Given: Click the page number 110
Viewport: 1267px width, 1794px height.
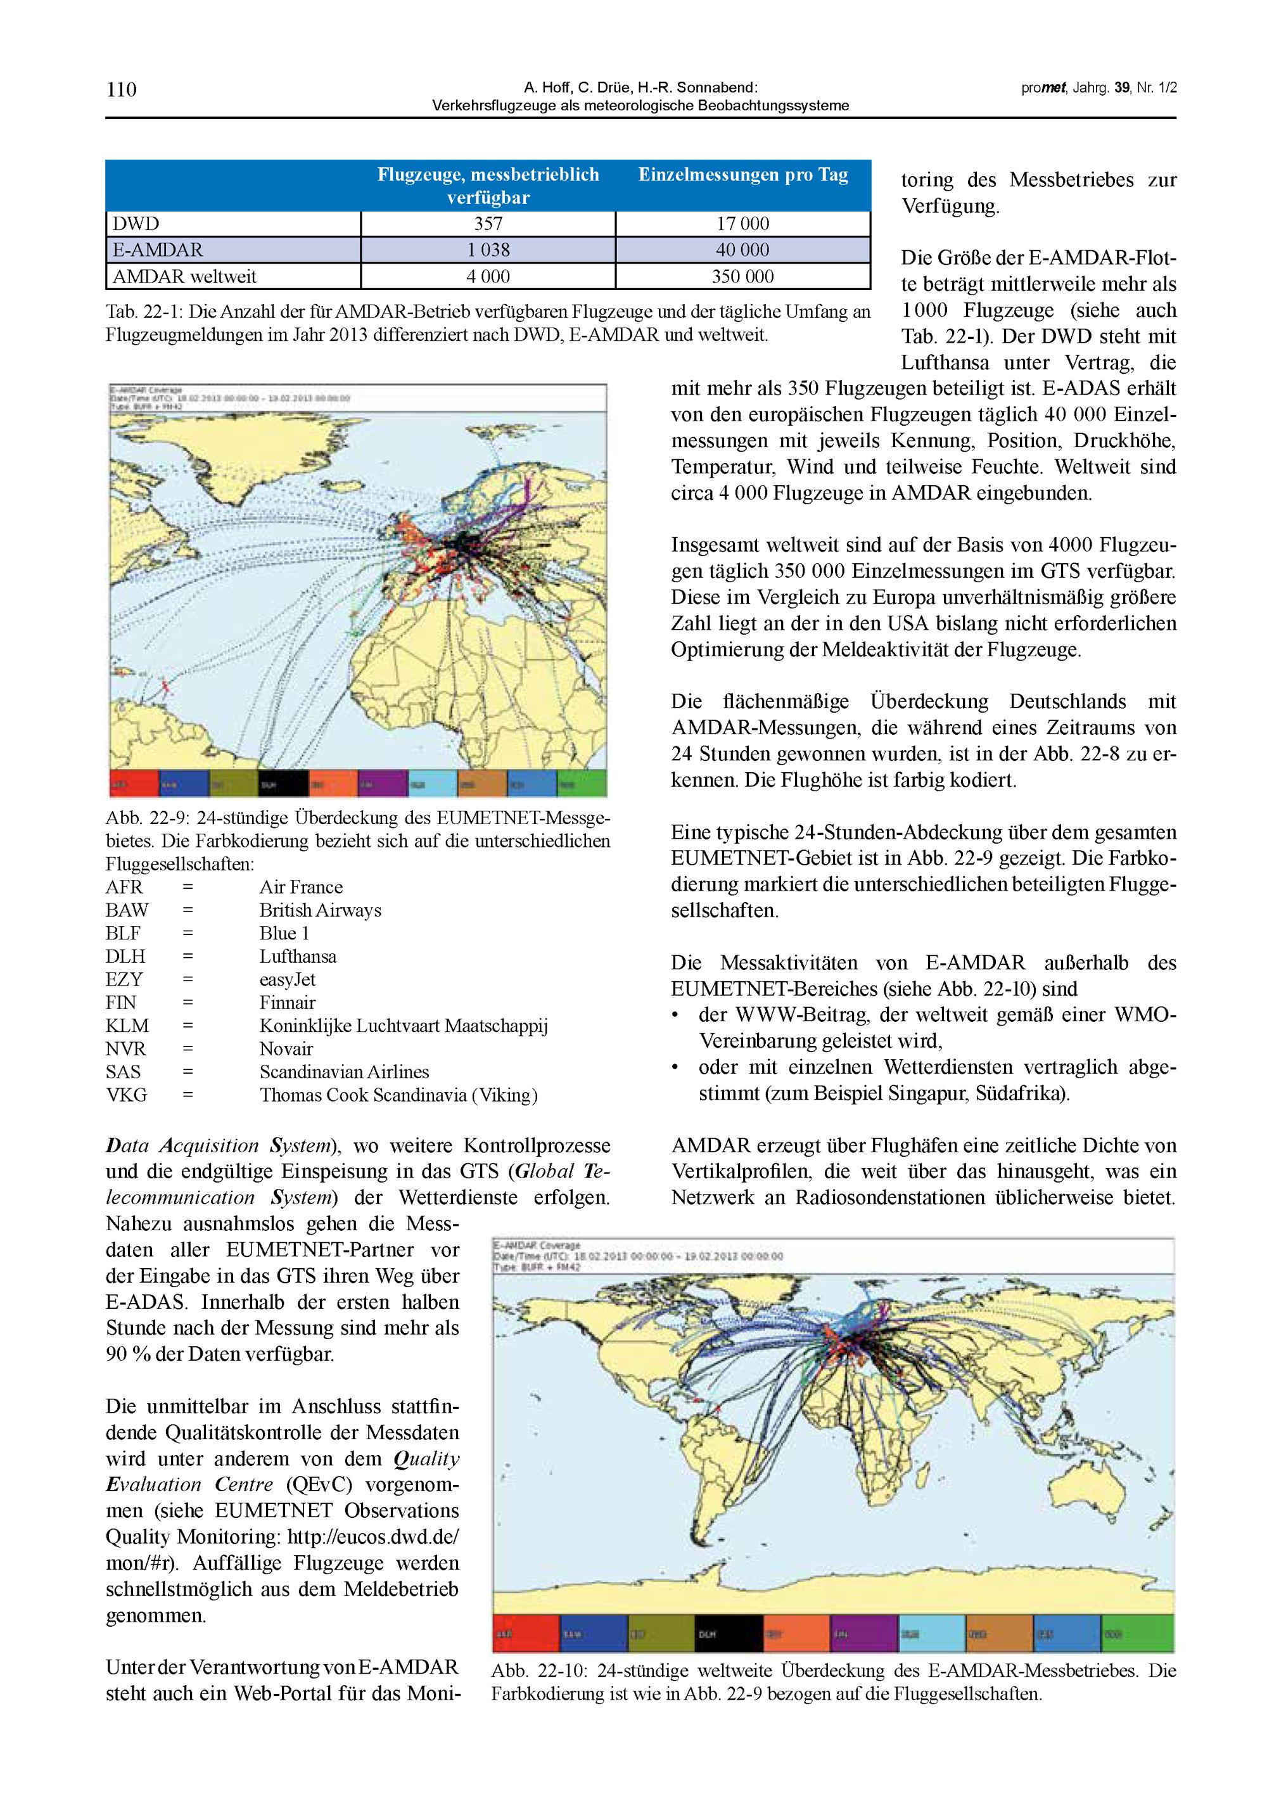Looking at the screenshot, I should pyautogui.click(x=121, y=90).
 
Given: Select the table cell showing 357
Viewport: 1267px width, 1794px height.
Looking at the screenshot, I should pyautogui.click(x=488, y=224).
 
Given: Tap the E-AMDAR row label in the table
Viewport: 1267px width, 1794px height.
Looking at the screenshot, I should pyautogui.click(x=158, y=250).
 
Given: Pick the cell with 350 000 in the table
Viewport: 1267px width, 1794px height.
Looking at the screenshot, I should pyautogui.click(x=742, y=277).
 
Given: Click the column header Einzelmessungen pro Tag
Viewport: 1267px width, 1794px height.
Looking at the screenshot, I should pyautogui.click(x=742, y=175).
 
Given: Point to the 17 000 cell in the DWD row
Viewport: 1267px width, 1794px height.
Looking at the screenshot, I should pyautogui.click(x=742, y=224).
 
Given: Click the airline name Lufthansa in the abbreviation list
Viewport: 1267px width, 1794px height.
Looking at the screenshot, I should pyautogui.click(x=298, y=957).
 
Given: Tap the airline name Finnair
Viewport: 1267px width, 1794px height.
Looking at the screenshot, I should pyautogui.click(x=288, y=1003).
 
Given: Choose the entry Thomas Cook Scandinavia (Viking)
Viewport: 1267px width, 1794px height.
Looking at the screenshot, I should pyautogui.click(x=398, y=1095).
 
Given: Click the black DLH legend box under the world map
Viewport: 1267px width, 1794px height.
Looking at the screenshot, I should pyautogui.click(x=729, y=1633).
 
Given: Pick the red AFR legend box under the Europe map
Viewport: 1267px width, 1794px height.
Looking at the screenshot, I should pyautogui.click(x=134, y=784).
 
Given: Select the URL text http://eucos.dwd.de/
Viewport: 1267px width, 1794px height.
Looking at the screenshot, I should pyautogui.click(x=374, y=1537).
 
